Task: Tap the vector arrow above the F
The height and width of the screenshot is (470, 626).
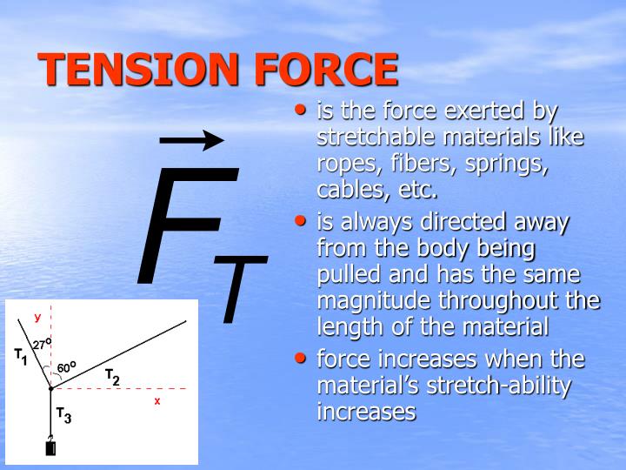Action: click(192, 139)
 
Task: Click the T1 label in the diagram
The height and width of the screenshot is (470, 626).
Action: click(21, 355)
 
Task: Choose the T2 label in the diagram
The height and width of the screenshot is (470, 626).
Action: click(112, 376)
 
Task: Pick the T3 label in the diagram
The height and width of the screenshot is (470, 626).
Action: click(63, 415)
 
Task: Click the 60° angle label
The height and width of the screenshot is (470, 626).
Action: click(66, 367)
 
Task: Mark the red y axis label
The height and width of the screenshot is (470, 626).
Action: click(37, 317)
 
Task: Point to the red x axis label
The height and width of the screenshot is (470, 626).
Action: click(157, 401)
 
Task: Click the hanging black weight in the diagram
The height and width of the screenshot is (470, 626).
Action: click(50, 448)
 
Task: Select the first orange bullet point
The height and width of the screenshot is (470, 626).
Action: click(301, 111)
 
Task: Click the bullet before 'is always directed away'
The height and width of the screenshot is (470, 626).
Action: click(301, 222)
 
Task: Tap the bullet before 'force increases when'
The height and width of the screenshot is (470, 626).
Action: click(301, 358)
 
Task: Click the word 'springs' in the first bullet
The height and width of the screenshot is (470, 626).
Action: click(510, 164)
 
